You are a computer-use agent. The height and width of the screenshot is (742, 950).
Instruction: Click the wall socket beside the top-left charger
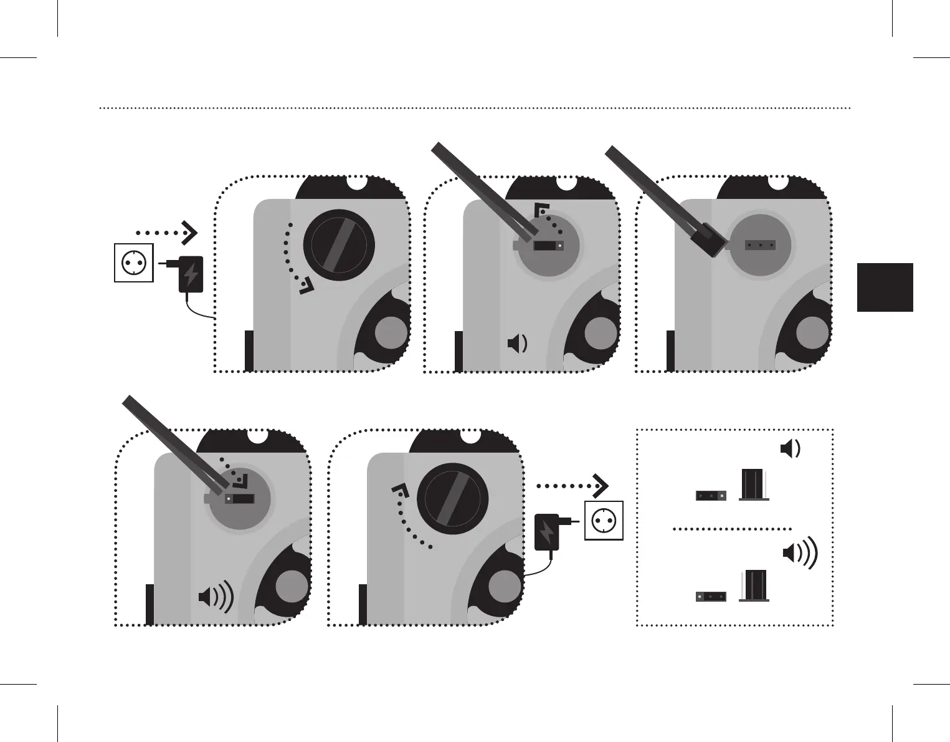click(133, 263)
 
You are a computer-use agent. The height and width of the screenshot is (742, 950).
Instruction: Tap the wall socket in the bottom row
click(603, 521)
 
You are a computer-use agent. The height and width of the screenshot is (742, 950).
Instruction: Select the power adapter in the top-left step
click(191, 274)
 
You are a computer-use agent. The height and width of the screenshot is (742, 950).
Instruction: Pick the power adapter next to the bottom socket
click(546, 531)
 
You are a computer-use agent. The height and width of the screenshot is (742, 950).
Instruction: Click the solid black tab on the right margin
click(885, 287)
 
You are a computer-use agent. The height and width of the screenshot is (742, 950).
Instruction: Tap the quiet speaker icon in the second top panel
click(518, 343)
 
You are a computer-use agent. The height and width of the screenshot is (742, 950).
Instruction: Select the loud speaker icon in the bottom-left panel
click(216, 597)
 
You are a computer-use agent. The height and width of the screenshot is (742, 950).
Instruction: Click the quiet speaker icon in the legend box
click(790, 448)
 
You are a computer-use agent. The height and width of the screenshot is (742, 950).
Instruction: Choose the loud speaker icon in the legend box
click(799, 553)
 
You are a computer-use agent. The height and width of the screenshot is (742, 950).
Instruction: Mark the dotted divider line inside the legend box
click(732, 529)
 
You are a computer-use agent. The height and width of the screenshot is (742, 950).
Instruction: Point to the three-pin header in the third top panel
click(760, 245)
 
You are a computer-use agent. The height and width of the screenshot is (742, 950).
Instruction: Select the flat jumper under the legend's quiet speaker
click(711, 496)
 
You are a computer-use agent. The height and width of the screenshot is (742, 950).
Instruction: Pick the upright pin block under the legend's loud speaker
click(754, 586)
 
